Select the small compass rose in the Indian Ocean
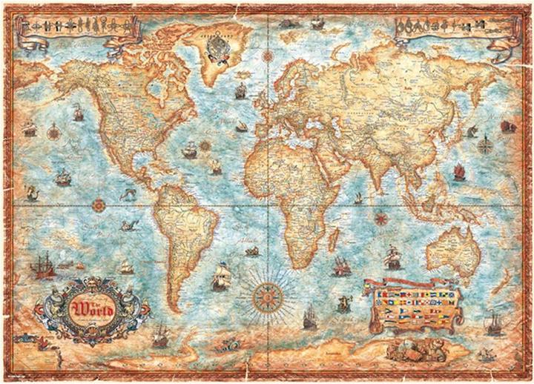coord(381,217)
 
